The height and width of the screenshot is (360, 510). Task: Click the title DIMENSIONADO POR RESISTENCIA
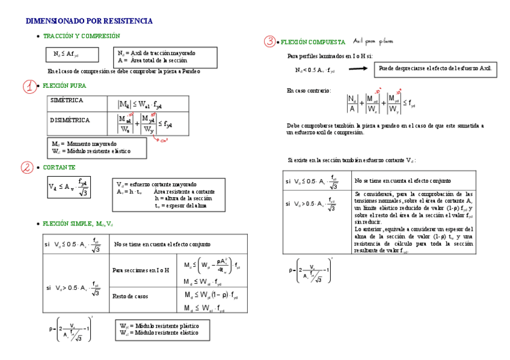[89, 21]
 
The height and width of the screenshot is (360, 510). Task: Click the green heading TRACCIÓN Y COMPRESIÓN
[81, 37]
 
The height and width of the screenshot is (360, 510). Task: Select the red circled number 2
[28, 168]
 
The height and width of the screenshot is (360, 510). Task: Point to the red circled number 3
[270, 41]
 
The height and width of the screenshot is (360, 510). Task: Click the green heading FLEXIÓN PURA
[64, 86]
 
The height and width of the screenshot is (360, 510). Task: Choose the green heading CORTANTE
[59, 167]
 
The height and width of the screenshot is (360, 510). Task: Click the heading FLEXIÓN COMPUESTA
[313, 42]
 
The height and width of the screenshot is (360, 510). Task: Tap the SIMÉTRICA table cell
[67, 100]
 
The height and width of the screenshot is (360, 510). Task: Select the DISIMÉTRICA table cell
[70, 120]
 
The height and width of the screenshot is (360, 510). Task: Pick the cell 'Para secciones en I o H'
[141, 270]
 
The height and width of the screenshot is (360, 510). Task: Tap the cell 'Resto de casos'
[129, 296]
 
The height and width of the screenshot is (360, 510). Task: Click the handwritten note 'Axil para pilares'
[373, 41]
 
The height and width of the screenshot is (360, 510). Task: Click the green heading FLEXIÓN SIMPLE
[78, 224]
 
